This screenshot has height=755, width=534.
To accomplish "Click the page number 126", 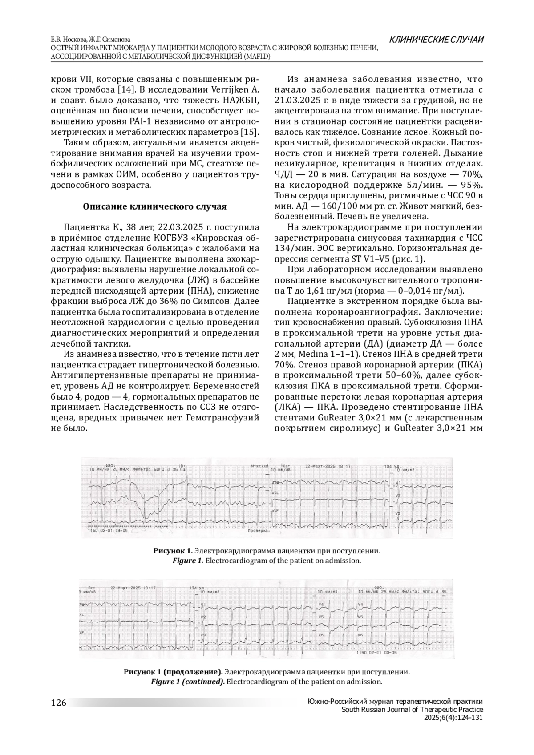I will point(59,703).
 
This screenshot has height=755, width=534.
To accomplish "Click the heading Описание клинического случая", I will point(155,206).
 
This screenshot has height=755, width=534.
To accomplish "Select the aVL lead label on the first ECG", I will point(276,493).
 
